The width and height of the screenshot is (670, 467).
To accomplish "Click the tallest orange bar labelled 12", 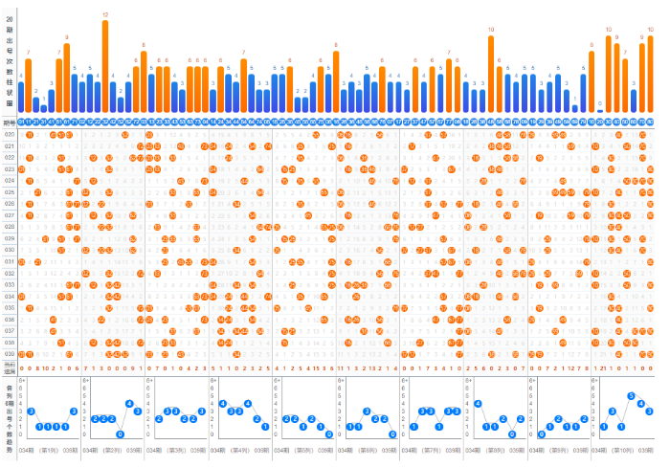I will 105,67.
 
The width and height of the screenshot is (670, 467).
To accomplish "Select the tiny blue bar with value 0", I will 600,111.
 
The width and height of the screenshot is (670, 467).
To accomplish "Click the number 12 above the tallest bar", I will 105,15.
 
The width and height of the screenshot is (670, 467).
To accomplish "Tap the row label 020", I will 10,135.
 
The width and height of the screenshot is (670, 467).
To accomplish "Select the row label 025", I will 10,192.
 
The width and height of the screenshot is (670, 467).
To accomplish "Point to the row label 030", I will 10,250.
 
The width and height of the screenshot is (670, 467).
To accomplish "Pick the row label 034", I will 10,296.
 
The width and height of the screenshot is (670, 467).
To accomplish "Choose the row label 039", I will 10,353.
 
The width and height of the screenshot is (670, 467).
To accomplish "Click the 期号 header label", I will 10,122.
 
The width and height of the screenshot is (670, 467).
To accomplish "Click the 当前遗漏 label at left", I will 10,367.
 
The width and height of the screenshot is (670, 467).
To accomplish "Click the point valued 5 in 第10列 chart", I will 630,395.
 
